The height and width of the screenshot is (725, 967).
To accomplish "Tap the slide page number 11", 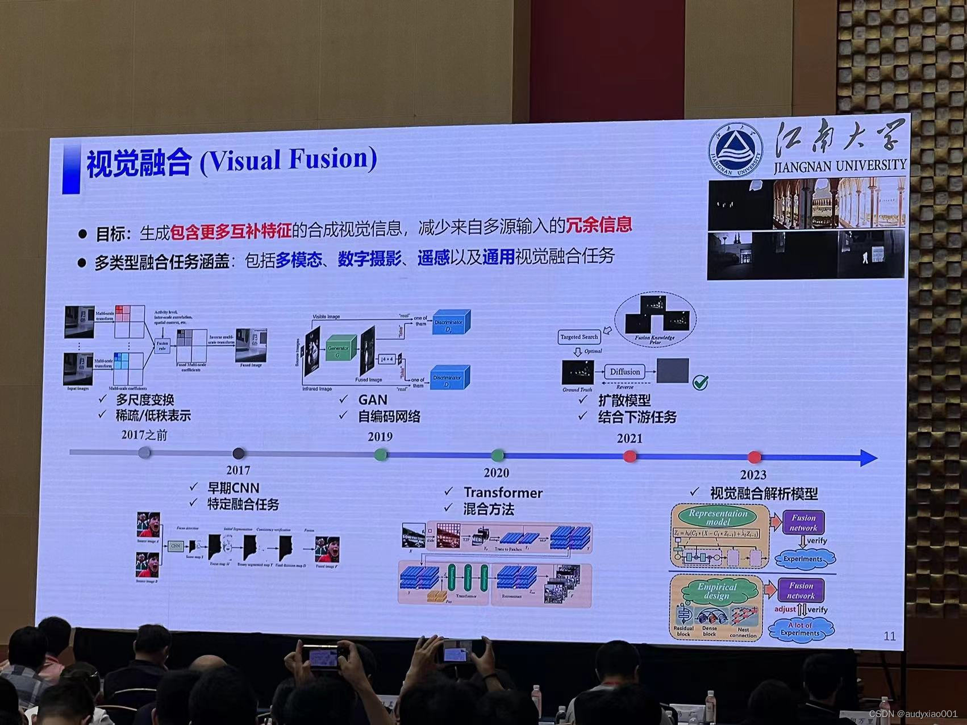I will coord(890,636).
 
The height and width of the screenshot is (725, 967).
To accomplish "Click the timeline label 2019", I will coord(380,436).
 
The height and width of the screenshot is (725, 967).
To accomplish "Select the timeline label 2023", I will coord(753,474).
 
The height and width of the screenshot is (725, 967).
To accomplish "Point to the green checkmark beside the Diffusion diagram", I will coord(701,382).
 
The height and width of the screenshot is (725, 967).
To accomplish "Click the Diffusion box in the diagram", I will coord(625,372).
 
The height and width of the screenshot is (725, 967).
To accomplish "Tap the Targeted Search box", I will coord(579,337).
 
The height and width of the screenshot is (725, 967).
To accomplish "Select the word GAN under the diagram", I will coord(373,400).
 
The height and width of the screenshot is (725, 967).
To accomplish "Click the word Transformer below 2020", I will coord(503,493).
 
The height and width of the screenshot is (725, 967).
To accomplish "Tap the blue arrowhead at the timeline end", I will coord(869,458).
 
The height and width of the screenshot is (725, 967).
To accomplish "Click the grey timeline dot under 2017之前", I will coord(145,452).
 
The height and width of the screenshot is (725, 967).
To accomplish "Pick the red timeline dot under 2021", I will coord(630,456).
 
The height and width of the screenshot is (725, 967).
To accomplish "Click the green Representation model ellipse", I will coord(718,516).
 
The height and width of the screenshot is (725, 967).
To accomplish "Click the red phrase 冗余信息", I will coord(599,225).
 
